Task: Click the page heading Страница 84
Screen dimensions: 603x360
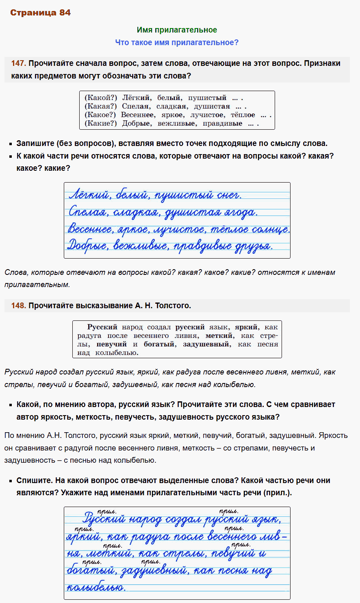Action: click(x=40, y=13)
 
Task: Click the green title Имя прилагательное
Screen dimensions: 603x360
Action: click(x=177, y=30)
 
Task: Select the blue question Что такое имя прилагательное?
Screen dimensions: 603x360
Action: click(x=177, y=42)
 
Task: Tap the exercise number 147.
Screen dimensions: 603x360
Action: click(x=18, y=63)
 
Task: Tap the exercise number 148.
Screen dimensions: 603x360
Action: click(x=18, y=305)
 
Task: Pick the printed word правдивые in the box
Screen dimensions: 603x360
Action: click(x=222, y=123)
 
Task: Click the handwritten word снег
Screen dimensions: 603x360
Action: click(x=229, y=195)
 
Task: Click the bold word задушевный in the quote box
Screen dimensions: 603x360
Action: click(x=207, y=344)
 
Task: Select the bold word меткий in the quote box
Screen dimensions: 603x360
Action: click(x=220, y=335)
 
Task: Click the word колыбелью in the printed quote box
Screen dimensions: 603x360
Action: click(x=117, y=353)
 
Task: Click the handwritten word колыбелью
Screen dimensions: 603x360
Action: click(x=96, y=587)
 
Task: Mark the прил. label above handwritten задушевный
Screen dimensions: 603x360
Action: click(x=150, y=562)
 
